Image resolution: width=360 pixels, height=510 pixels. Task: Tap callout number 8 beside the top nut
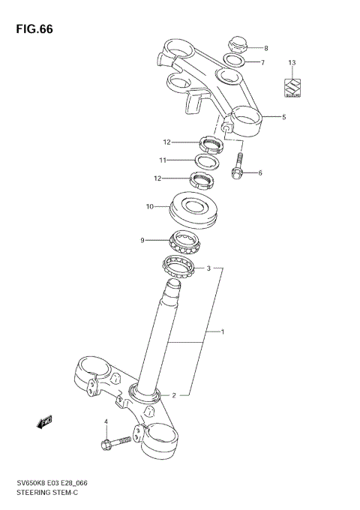pos(265,48)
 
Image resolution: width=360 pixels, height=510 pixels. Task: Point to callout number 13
pos(292,62)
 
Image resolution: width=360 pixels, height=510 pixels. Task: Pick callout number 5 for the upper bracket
pos(283,117)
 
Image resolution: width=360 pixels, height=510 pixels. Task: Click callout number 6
pos(260,173)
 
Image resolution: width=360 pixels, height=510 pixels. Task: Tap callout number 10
pos(150,206)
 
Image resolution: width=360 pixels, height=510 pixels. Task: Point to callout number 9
pos(142,240)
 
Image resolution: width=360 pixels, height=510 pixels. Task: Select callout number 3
pos(208,267)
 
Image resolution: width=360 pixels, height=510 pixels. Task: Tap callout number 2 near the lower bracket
pos(174,394)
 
